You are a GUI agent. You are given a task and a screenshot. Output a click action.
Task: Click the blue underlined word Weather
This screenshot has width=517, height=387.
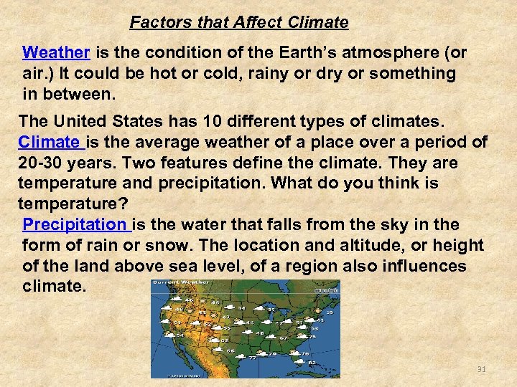point(56,53)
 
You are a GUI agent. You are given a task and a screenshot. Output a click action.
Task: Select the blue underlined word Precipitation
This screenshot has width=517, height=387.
point(75,225)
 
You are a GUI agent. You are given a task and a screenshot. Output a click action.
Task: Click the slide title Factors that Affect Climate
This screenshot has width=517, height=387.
point(239,23)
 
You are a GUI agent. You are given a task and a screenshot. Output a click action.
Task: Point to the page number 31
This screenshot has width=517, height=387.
point(482,369)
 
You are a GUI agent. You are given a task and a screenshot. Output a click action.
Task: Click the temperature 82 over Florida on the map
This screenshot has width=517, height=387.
point(312,362)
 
